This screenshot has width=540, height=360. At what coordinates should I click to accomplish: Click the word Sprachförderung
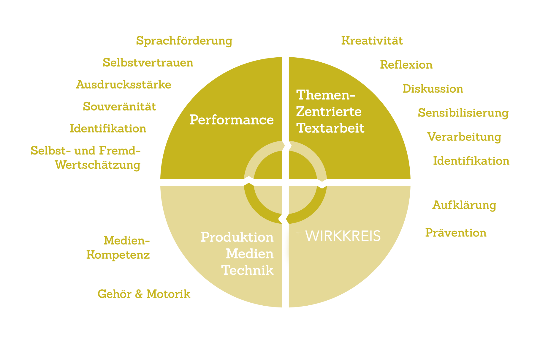(x=184, y=41)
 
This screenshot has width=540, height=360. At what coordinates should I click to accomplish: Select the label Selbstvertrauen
(x=148, y=63)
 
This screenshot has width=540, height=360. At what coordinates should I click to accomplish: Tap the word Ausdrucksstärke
(x=123, y=85)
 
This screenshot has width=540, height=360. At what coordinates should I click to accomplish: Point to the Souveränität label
(x=119, y=106)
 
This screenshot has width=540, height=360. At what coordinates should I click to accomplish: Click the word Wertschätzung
(x=98, y=165)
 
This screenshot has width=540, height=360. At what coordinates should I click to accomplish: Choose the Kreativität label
(x=372, y=40)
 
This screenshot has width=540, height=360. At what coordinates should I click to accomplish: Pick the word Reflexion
(x=406, y=65)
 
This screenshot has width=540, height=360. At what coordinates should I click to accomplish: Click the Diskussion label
(x=433, y=89)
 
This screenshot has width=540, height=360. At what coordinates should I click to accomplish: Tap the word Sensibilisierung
(x=463, y=113)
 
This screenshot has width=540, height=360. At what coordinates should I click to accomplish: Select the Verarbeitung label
(x=464, y=137)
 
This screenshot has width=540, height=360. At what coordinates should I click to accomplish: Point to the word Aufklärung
(x=464, y=206)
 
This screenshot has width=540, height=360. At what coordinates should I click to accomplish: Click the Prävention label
(x=456, y=233)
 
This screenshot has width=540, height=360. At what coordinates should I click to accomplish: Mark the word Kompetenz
(x=118, y=255)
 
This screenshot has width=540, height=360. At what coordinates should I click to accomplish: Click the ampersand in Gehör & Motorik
(x=139, y=294)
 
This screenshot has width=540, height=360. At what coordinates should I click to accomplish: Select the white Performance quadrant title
(x=232, y=120)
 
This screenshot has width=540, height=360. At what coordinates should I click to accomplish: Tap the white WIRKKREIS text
(x=343, y=236)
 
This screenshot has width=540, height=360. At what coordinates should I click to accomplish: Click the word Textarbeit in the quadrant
(x=330, y=129)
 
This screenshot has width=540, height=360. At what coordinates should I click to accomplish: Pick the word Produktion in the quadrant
(x=237, y=237)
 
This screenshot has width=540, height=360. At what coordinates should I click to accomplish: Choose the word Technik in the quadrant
(x=248, y=271)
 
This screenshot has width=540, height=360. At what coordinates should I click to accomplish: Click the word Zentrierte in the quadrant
(x=329, y=112)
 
